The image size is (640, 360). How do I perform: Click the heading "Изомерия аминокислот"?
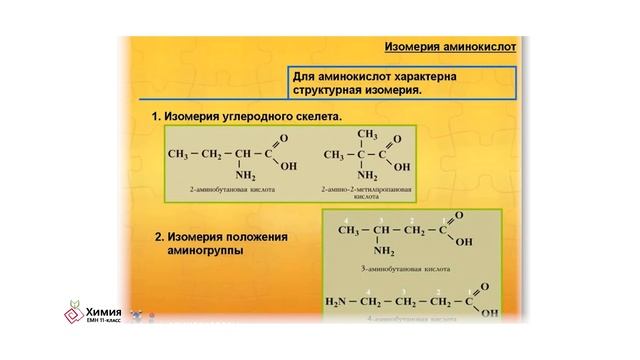pyautogui.click(x=449, y=46)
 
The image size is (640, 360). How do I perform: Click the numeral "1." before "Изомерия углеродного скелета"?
pyautogui.click(x=157, y=116)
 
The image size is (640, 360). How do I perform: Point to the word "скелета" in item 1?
pyautogui.click(x=315, y=116)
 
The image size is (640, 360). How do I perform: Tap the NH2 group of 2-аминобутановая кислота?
pyautogui.click(x=245, y=174)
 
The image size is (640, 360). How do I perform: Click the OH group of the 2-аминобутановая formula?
pyautogui.click(x=290, y=168)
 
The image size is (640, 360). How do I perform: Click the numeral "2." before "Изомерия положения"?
pyautogui.click(x=160, y=237)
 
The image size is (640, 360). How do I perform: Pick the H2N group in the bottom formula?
pyautogui.click(x=338, y=301)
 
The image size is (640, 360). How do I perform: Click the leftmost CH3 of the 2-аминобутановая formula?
pyautogui.click(x=178, y=156)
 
